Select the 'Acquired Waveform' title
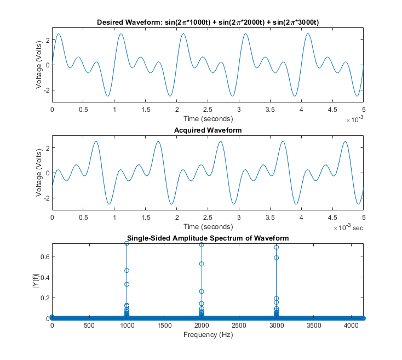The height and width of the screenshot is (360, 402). click(208, 130)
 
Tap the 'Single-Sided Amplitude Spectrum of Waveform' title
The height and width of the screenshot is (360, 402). click(208, 238)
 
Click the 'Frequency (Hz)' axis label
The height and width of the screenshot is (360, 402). click(208, 335)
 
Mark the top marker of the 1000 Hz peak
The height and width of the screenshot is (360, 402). click(127, 243)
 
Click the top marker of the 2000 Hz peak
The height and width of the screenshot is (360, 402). click(202, 244)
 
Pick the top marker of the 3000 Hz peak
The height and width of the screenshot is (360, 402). click(276, 247)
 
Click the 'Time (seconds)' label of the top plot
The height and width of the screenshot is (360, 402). click(208, 118)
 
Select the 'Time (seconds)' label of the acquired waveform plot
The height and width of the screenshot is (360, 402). click(208, 226)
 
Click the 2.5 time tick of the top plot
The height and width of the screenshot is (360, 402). click(208, 110)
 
